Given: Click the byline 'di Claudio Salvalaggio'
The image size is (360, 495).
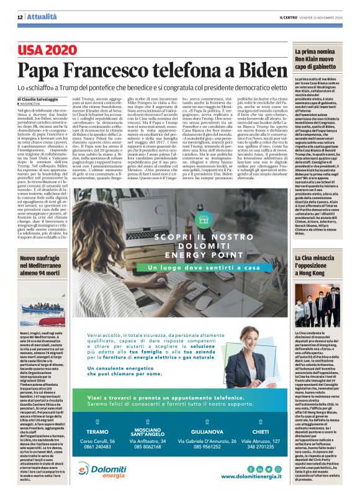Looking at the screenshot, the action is (x=39, y=98).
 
